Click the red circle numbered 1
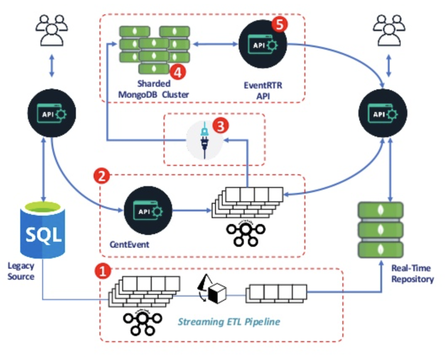pyautogui.click(x=103, y=271)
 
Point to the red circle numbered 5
pyautogui.click(x=279, y=24)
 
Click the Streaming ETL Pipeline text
pyautogui.click(x=229, y=322)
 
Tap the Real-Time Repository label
pyautogui.click(x=412, y=274)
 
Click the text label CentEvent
pyautogui.click(x=129, y=244)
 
